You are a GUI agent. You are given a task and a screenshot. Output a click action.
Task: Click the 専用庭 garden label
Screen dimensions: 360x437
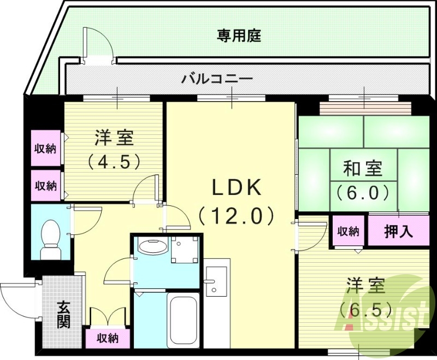click(239, 37)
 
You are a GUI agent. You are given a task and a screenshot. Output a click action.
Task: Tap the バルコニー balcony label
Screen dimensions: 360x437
click(217, 79)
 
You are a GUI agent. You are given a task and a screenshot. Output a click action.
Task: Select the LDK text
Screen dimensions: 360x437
click(237, 188)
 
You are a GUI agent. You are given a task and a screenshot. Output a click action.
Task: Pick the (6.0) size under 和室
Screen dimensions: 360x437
click(362, 192)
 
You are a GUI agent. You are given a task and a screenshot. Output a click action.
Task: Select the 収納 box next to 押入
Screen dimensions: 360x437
click(347, 231)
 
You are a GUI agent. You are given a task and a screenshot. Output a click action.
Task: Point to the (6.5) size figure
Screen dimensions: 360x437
click(365, 309)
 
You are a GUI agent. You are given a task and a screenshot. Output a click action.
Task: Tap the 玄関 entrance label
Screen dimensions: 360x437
click(63, 316)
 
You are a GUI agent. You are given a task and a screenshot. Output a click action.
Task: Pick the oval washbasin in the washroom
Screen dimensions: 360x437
click(152, 247)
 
